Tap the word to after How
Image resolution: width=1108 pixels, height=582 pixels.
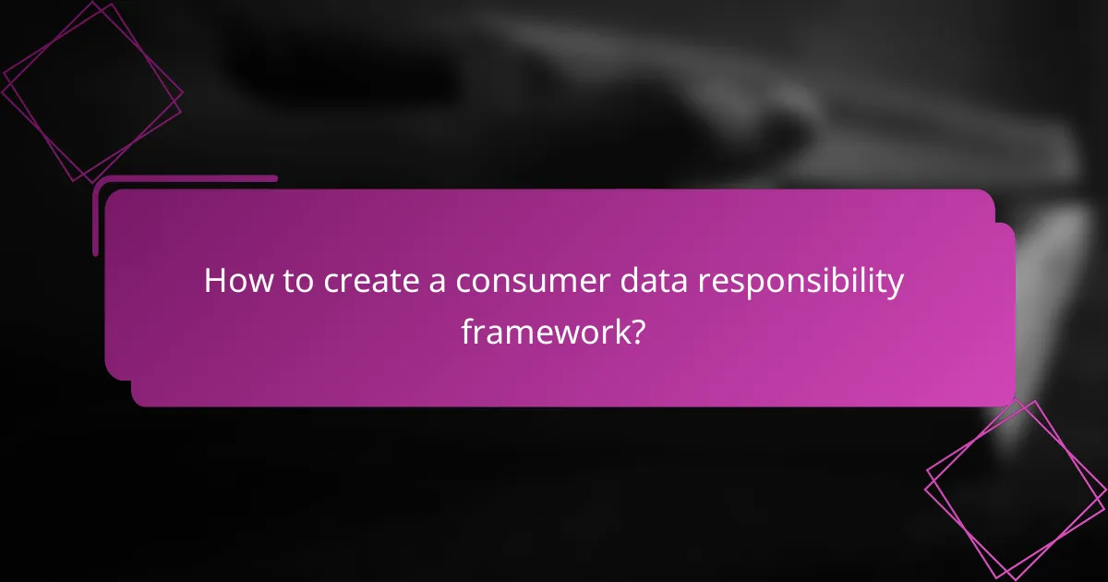295,282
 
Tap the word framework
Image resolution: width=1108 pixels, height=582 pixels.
543,330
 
